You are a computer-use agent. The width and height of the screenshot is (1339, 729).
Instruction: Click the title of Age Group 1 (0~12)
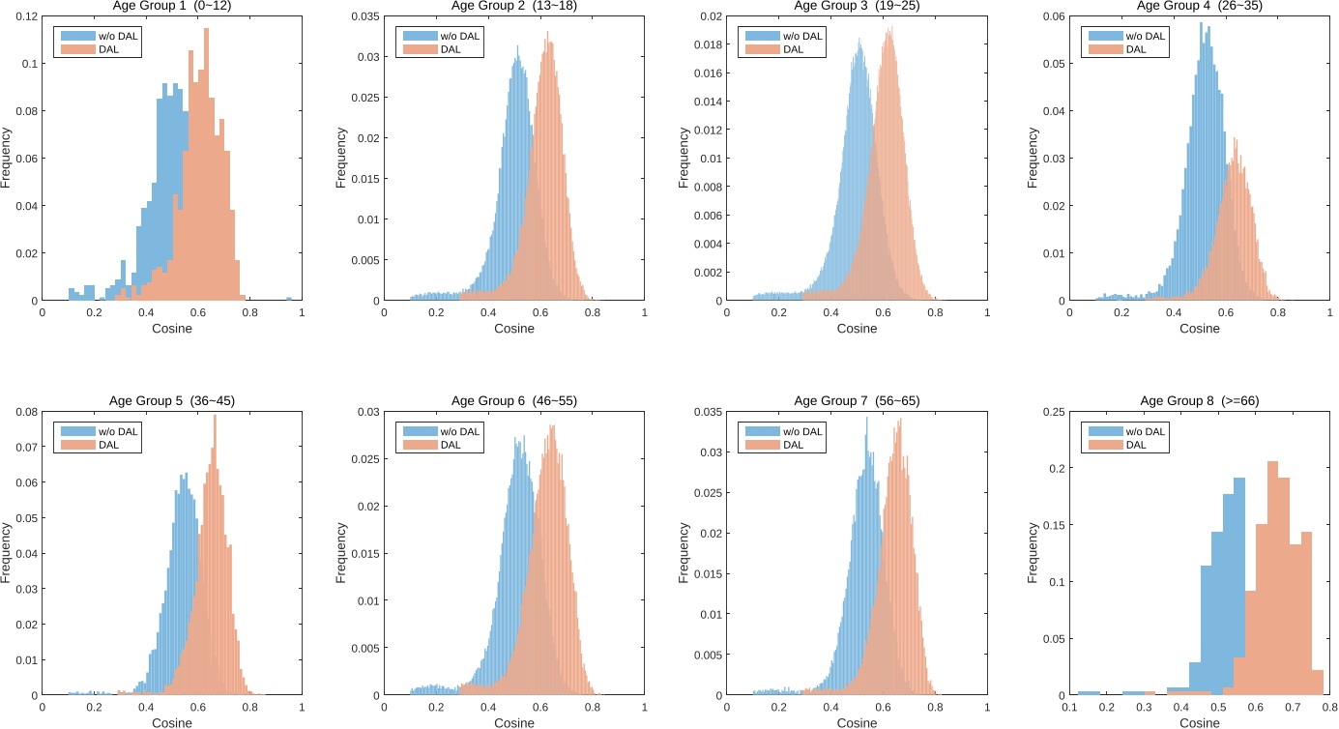point(171,6)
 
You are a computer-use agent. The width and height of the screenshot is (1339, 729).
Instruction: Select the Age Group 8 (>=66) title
point(1200,400)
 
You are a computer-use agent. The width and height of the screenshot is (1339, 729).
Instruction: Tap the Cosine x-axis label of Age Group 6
point(514,723)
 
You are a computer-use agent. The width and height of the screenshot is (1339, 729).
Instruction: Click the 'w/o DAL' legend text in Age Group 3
point(802,37)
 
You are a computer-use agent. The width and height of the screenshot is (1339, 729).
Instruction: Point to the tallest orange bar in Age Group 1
point(206,164)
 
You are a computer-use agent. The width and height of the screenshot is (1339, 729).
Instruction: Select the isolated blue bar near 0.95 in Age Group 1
point(288,299)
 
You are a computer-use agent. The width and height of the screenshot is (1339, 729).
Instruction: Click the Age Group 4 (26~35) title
point(1200,6)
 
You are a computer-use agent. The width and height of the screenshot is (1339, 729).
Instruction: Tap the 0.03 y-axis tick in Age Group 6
point(365,412)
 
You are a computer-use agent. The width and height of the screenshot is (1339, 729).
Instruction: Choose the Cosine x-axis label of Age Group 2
point(514,329)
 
